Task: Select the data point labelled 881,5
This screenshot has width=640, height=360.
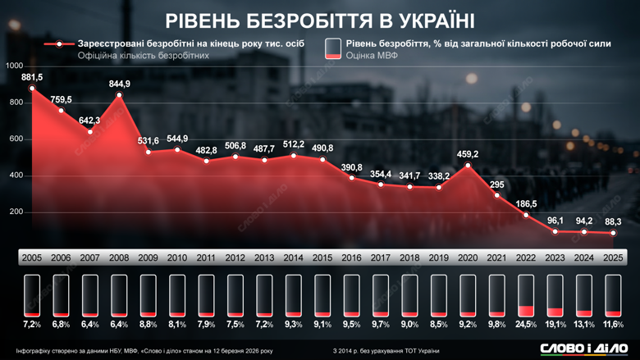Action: point(32,89)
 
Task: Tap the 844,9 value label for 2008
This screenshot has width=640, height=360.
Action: point(120,84)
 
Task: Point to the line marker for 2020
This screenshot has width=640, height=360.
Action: point(468,166)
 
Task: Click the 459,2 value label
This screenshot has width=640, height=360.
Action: point(468,154)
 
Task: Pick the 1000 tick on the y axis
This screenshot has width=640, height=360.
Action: point(14,66)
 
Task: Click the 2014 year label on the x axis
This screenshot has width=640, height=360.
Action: point(293,258)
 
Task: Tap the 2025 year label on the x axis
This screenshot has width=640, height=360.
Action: point(613,258)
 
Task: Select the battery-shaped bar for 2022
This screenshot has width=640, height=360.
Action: point(526,295)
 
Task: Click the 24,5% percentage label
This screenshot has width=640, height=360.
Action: point(526,326)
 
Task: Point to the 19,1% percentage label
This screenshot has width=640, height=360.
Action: point(555,326)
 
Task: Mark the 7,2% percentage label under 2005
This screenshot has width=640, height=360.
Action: point(32,326)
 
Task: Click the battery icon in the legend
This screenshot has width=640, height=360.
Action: point(333,48)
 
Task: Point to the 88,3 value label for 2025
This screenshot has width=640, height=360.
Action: point(613,221)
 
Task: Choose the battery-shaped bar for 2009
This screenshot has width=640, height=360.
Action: point(148,295)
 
